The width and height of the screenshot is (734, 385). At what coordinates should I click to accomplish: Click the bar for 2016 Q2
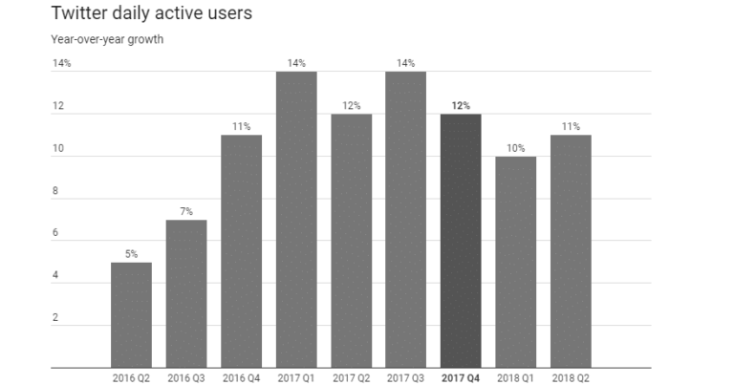pos(131,315)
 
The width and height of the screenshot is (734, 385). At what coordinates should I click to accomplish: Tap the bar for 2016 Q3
pos(186,294)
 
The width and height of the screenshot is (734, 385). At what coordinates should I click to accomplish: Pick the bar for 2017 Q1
pos(296,220)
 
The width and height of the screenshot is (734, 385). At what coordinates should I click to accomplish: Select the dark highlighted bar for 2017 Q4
pos(461,241)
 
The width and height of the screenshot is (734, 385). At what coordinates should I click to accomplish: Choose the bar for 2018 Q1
pos(516,262)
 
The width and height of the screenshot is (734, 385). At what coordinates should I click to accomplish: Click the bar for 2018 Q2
pos(571,251)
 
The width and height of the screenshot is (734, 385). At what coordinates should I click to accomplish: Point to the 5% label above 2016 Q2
pos(131,254)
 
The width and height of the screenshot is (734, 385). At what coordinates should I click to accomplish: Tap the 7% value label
pos(186,212)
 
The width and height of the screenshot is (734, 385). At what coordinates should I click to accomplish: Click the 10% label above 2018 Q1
pos(516,148)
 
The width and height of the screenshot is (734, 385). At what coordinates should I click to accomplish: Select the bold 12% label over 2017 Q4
pos(461,106)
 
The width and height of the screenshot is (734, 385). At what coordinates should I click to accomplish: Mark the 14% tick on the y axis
pos(62,64)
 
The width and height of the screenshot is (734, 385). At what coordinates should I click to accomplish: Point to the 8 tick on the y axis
pos(56,191)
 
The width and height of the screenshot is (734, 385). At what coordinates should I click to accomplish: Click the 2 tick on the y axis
pos(56,317)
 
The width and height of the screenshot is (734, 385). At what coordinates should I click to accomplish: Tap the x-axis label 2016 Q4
pos(241,377)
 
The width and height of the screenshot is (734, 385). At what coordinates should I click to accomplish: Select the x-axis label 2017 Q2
pos(351,377)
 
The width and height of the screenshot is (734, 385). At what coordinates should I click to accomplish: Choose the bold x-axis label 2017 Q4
pos(461,377)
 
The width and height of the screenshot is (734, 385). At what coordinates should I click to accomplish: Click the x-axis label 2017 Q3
pos(406,377)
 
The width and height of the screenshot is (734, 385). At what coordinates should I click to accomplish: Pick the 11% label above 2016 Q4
pos(241,127)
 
